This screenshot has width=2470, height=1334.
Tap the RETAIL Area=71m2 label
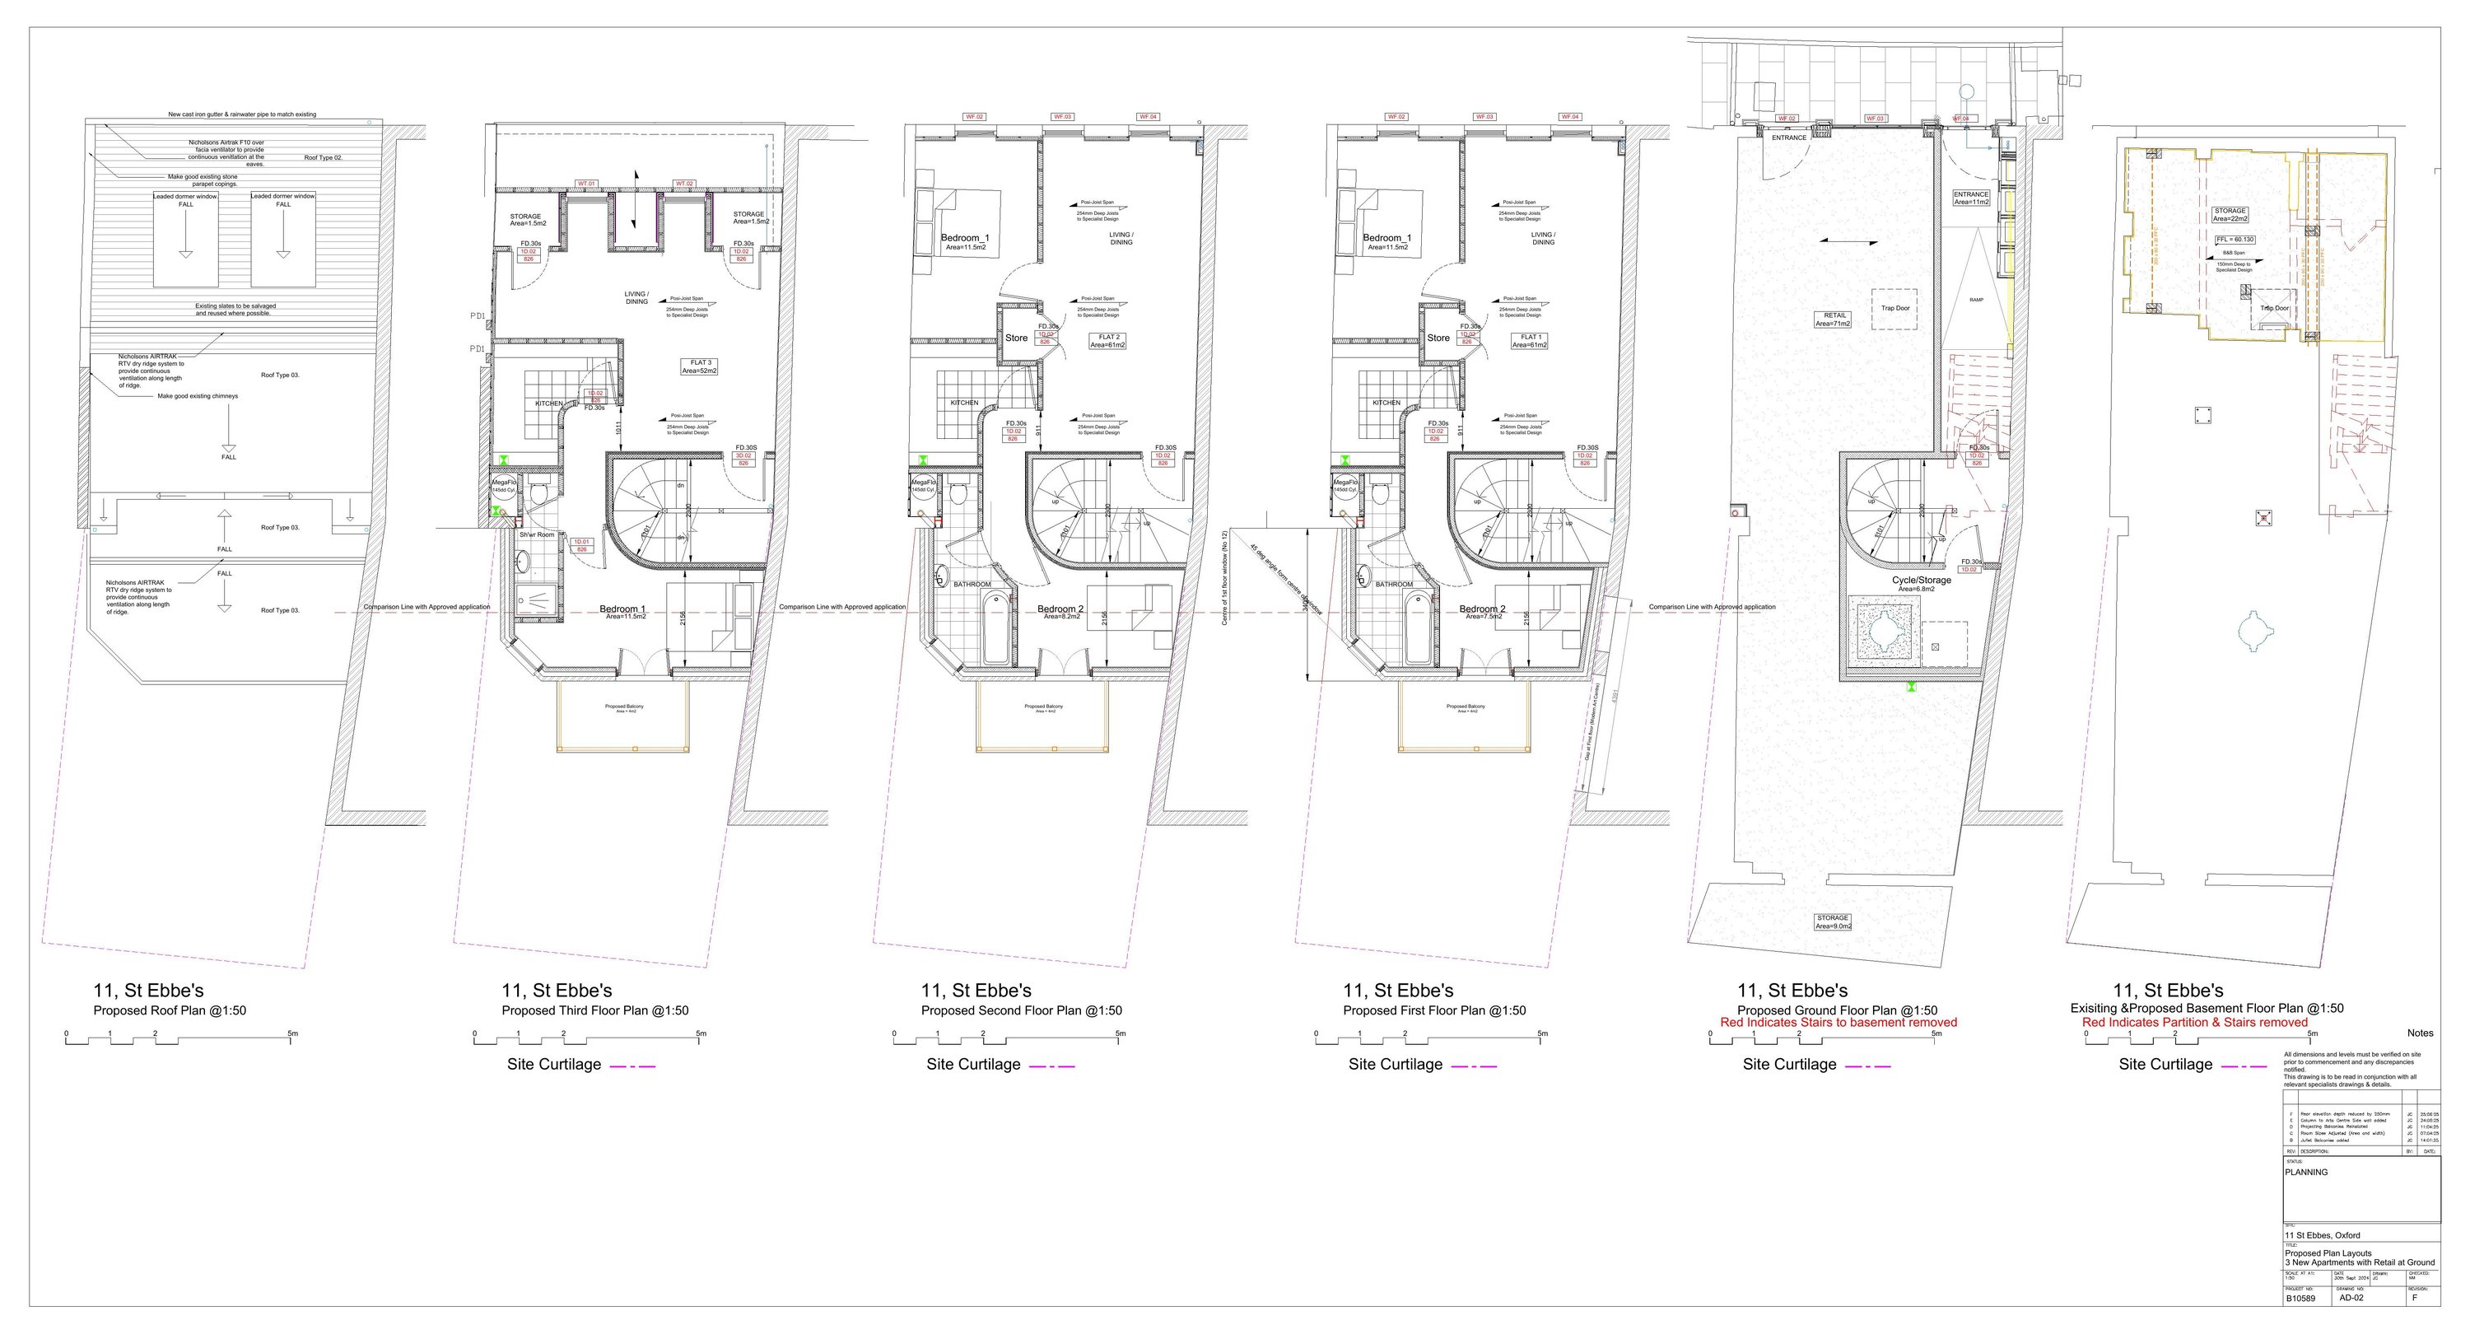point(1833,320)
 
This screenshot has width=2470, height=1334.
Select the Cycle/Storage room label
point(1921,582)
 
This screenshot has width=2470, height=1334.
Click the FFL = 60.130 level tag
point(2235,239)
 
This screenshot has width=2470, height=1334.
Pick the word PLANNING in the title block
point(2306,1172)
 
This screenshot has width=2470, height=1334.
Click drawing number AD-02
point(2351,1299)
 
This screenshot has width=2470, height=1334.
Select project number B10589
point(2301,1299)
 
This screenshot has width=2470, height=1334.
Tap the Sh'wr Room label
point(537,534)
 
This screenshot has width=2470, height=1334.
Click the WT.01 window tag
point(586,183)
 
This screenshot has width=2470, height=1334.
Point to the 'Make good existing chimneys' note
point(198,396)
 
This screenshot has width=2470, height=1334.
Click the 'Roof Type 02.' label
point(323,157)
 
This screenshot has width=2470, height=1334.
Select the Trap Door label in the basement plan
point(2274,308)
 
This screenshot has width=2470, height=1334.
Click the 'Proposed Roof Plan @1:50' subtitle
point(170,1011)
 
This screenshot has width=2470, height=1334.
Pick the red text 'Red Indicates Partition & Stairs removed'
point(2195,1022)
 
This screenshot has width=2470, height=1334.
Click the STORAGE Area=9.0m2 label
point(1833,921)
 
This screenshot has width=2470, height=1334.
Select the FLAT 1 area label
point(1530,340)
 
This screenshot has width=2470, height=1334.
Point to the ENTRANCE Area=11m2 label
point(1971,198)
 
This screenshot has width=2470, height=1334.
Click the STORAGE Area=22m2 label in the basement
point(2230,214)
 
